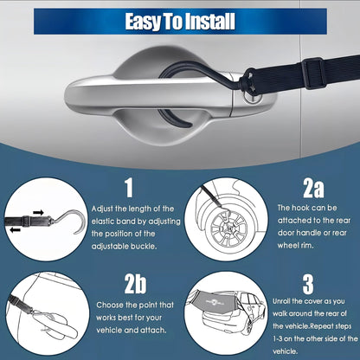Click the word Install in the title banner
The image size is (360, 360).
209,21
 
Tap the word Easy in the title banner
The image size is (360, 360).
143,22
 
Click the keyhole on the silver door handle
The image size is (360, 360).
254,97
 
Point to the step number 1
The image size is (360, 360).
129,188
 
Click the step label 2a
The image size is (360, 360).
313,188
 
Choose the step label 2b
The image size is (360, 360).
135,284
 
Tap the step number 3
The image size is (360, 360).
308,284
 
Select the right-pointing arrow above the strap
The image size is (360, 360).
38,213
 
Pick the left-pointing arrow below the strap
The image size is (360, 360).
16,229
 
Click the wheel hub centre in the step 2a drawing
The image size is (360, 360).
229,228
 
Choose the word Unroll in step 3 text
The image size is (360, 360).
282,301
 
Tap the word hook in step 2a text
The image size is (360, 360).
301,208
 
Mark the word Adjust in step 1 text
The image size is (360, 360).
102,209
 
